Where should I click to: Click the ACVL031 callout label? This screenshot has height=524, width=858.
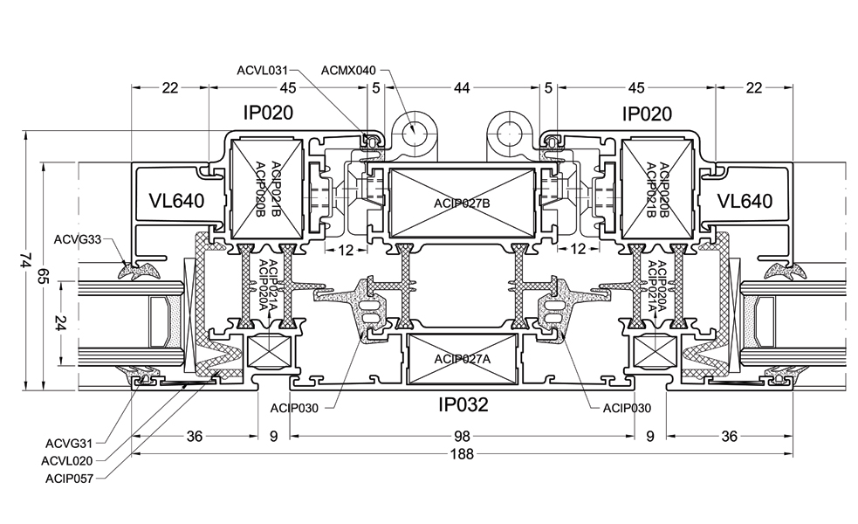coord(262,71)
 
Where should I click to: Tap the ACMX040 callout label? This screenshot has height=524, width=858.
coord(348,71)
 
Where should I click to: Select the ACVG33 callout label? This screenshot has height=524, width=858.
coord(78,239)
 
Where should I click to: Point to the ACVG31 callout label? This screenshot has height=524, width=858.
coord(69,444)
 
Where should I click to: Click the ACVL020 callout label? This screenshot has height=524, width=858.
coord(66,461)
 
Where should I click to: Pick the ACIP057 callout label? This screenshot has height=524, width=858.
coord(69,479)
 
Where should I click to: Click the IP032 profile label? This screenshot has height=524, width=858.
coord(463,405)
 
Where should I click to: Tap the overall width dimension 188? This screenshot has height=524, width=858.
coord(462,454)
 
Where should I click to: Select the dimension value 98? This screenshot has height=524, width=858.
coord(462,437)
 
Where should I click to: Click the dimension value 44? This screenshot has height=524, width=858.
coord(462,87)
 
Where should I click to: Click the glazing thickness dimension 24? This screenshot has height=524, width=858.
coord(61,323)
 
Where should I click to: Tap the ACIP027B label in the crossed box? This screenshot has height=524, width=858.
coord(462,203)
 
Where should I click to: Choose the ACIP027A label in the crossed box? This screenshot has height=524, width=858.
coord(463,359)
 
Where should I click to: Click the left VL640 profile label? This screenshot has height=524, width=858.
coord(176,201)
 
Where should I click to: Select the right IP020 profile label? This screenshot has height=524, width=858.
coord(647,114)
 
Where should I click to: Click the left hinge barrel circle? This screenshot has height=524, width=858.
coord(415,131)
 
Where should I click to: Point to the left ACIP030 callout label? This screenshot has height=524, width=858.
coord(294,408)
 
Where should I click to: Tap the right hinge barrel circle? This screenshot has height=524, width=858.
coord(510,131)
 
